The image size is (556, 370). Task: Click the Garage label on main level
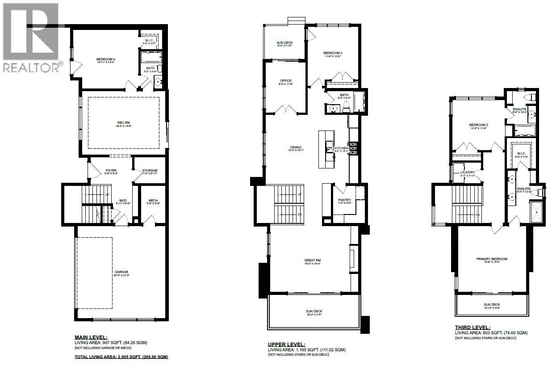pos(121,272)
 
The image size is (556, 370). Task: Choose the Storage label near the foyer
pos(150,171)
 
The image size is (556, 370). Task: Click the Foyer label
pos(111,171)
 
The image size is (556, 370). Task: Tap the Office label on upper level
pos(286,81)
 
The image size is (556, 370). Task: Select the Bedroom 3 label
pos(333,53)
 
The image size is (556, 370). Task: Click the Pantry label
pos(345,200)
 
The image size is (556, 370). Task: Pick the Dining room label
pos(296,147)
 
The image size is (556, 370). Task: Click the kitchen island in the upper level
pos(326,149)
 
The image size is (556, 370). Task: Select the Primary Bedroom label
pos(492,259)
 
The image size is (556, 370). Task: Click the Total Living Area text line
pos(121,357)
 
